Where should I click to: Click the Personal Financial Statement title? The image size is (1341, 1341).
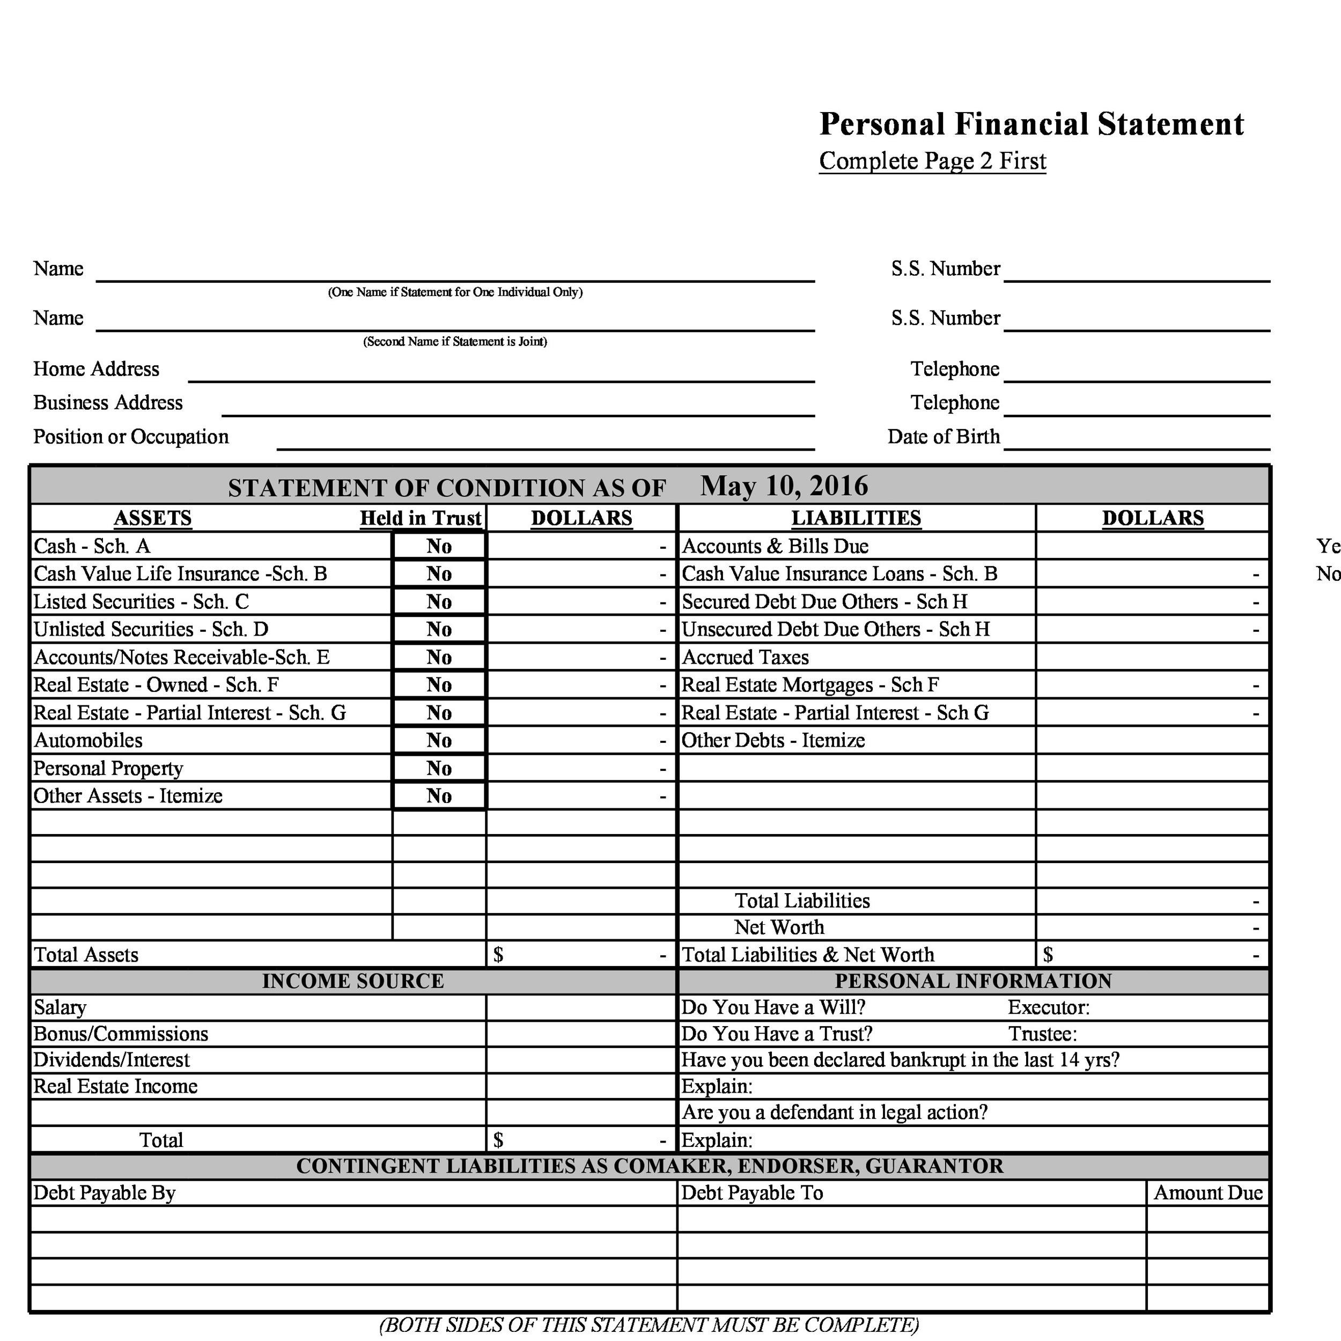pos(1031,124)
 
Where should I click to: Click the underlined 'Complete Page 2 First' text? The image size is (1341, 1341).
pos(932,161)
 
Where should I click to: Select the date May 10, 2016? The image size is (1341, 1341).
pos(784,486)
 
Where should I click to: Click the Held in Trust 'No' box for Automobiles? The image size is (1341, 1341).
pos(439,741)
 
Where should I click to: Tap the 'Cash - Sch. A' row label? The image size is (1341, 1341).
pos(92,546)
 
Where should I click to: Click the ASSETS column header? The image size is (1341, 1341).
pos(153,519)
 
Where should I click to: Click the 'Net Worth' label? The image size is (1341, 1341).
pos(779,927)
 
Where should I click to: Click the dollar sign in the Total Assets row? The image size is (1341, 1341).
pos(498,955)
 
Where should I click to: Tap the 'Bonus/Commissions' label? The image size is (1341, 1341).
pos(121,1034)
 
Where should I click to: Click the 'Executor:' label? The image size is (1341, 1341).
pos(1048,1007)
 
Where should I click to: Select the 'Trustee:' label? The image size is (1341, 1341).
pos(1043,1034)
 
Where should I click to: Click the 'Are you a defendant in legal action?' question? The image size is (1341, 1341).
pos(834,1112)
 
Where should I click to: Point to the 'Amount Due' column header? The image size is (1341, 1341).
pos(1208,1193)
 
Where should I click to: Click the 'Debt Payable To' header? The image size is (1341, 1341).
pos(751,1193)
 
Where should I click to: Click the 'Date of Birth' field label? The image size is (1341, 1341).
pos(944,437)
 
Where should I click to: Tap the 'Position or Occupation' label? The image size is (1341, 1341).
pos(131,437)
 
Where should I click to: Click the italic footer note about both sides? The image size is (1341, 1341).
pos(649,1325)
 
